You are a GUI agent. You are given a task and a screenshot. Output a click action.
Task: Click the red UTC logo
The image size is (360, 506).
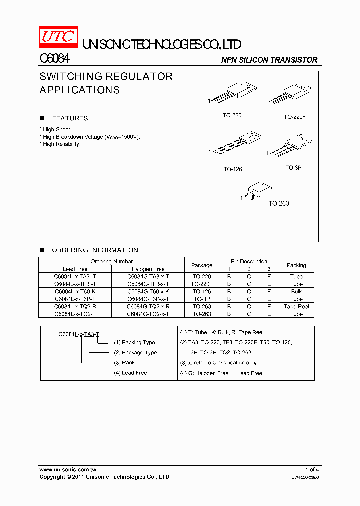tap(58, 36)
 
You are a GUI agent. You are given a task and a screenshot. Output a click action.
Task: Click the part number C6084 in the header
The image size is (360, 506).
tap(54, 59)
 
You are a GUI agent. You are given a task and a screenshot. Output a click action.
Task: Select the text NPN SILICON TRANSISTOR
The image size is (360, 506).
tap(269, 60)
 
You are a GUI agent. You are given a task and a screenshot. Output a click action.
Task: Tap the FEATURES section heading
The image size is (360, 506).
tap(70, 118)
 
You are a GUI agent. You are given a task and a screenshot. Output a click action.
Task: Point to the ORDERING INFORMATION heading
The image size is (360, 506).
tap(95, 250)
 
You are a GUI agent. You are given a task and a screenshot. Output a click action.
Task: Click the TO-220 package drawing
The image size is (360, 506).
tap(234, 95)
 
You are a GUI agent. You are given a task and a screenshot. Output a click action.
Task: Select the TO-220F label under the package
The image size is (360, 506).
tap(295, 117)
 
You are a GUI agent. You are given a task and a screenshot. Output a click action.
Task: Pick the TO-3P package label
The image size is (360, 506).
tap(293, 168)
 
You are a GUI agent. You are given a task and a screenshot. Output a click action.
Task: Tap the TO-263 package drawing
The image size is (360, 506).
tap(259, 190)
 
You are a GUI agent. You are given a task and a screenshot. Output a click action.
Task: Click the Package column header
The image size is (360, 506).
tap(202, 265)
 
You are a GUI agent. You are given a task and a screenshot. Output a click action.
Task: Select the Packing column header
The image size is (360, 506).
tap(296, 265)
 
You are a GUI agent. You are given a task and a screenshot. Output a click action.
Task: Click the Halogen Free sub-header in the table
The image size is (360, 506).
tap(148, 269)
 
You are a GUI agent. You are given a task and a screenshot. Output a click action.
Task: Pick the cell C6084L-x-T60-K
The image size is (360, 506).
tap(75, 291)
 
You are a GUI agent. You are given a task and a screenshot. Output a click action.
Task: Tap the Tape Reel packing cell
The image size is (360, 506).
tap(296, 306)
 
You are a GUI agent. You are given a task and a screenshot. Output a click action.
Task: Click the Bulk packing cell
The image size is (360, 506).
tap(296, 291)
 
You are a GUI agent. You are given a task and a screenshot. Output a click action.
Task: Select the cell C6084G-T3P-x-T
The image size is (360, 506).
tap(148, 299)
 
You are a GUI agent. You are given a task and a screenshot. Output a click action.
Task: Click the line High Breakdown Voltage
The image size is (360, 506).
tap(91, 137)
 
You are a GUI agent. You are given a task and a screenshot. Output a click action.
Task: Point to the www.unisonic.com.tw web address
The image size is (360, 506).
tap(68, 469)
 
